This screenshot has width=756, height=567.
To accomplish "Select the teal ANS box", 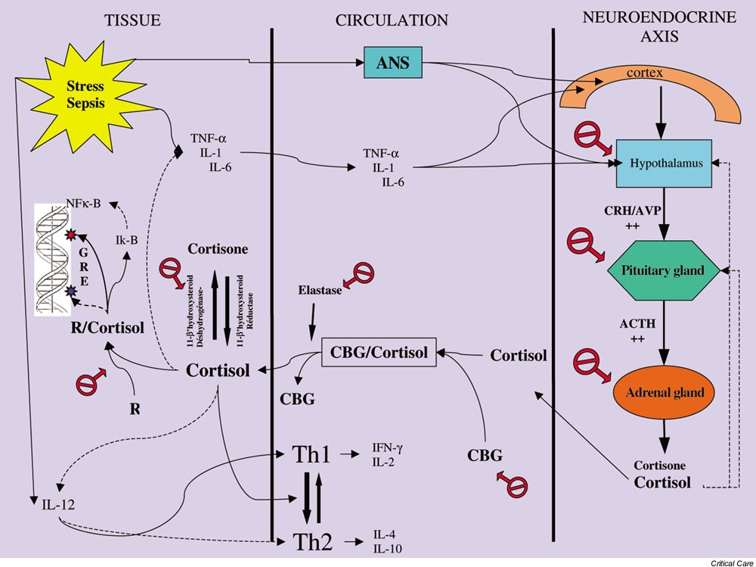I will pos(392,63).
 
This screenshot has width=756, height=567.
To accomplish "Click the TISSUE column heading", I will pos(133,20).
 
